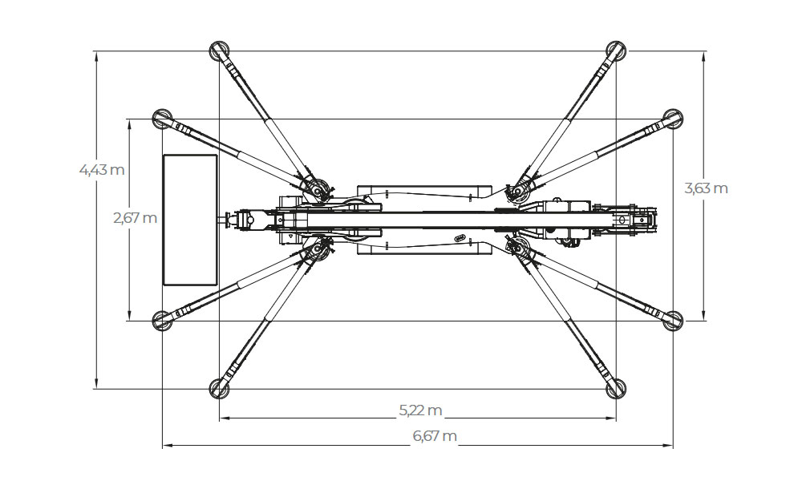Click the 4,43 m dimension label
(x=102, y=169)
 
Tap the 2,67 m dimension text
(x=135, y=218)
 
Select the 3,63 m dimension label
(x=706, y=188)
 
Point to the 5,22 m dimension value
(x=420, y=410)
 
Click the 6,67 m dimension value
(x=435, y=436)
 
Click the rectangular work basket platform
(x=190, y=220)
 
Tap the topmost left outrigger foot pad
(x=220, y=51)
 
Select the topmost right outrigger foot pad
(x=616, y=51)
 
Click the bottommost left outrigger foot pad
(x=220, y=389)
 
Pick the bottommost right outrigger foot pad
(x=616, y=389)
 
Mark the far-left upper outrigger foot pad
(x=163, y=119)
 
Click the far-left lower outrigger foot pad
(x=163, y=321)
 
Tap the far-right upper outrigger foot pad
(x=673, y=119)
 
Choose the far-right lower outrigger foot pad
(x=673, y=321)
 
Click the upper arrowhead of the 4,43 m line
(x=95, y=56)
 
